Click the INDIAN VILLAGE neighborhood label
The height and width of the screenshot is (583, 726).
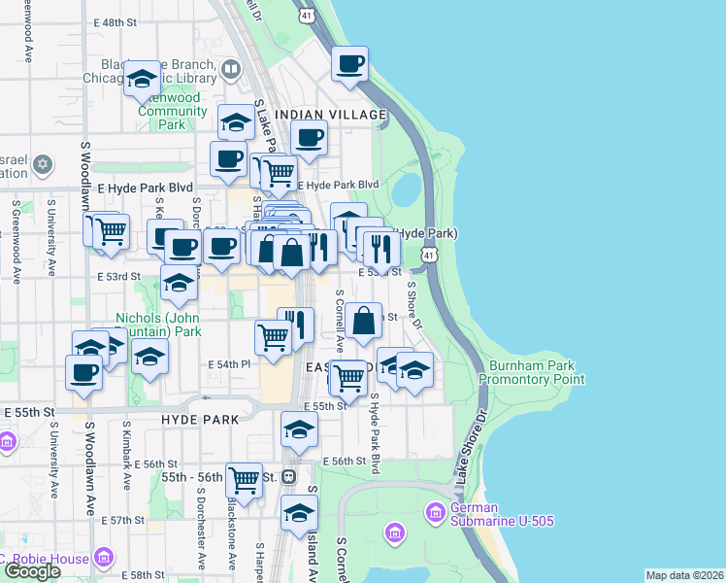tap(330, 115)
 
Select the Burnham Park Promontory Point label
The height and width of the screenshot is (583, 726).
tap(537, 372)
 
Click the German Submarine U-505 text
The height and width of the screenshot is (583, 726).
tap(502, 514)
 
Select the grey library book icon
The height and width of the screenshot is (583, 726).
tap(230, 69)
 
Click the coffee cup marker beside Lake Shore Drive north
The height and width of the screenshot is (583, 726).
tap(349, 64)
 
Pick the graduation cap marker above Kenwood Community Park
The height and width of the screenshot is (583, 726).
tap(142, 79)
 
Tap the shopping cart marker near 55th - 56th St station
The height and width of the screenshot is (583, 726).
tap(244, 478)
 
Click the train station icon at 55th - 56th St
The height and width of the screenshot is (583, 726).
tap(288, 478)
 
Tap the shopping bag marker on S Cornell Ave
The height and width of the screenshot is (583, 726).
tap(362, 320)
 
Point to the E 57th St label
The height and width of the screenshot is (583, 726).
tap(126, 521)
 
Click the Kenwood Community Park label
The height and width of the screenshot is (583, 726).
tap(173, 111)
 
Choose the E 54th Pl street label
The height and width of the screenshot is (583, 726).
tap(230, 363)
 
